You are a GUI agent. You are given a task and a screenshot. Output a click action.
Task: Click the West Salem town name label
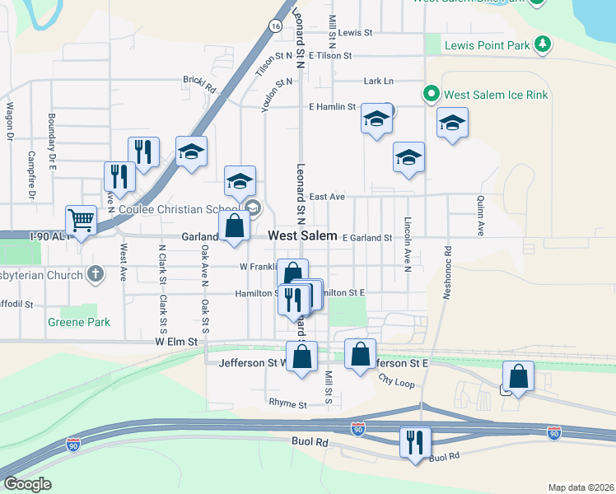[303, 235]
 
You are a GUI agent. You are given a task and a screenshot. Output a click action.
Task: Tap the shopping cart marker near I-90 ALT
[81, 221]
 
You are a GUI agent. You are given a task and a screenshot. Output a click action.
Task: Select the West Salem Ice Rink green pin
[429, 95]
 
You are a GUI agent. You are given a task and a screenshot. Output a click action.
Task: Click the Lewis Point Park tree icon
[542, 45]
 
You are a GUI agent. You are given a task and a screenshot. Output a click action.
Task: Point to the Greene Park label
[79, 322]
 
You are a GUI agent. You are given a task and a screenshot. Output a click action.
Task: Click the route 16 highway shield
[274, 26]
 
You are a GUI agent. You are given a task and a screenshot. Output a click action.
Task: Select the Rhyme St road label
[287, 404]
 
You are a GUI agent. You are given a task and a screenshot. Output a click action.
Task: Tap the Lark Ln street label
[379, 81]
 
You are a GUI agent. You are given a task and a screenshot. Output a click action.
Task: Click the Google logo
[27, 484]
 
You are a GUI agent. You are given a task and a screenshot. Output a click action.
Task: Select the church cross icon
[96, 274]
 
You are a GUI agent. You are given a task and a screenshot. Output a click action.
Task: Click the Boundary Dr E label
[51, 142]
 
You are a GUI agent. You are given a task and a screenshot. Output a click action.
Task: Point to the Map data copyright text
[580, 487]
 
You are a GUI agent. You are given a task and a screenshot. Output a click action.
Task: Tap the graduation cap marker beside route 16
[191, 152]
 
